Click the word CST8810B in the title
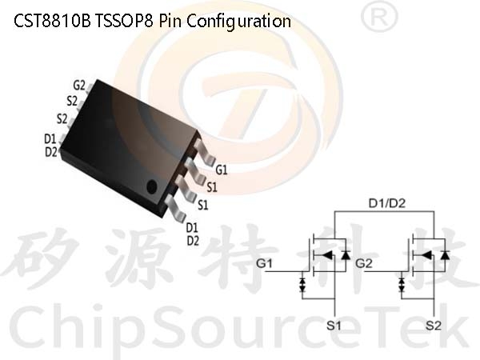[52, 21]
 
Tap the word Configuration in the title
[238, 22]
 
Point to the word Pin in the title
[170, 21]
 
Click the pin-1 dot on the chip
[152, 186]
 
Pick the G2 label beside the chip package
[79, 86]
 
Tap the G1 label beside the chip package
[222, 170]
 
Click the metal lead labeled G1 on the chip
[205, 152]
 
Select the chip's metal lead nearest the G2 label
[90, 89]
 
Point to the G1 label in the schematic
[264, 263]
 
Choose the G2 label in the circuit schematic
[364, 263]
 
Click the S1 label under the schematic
[334, 325]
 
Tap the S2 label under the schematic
[434, 325]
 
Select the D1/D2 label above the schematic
[387, 203]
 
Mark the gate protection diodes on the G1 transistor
[302, 284]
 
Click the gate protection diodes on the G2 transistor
[402, 284]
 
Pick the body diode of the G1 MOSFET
[346, 254]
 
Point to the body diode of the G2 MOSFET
[445, 254]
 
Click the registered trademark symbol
[379, 18]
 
